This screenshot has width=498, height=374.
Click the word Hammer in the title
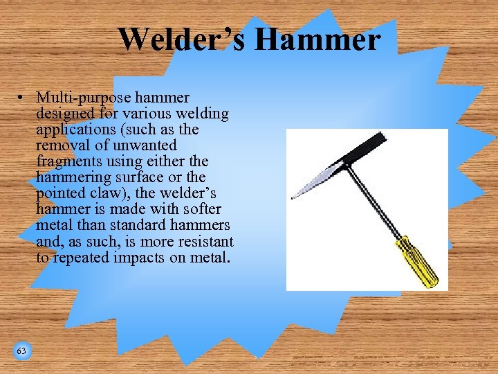coord(317,39)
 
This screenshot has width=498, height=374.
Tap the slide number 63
coord(21,351)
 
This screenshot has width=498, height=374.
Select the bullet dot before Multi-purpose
coord(23,98)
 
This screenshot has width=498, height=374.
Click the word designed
coord(66,114)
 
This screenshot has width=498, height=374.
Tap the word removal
coord(62,145)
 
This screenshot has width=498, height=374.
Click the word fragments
coord(68,161)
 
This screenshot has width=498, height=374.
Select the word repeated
coord(79,257)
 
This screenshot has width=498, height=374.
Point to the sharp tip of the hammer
coord(293,199)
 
